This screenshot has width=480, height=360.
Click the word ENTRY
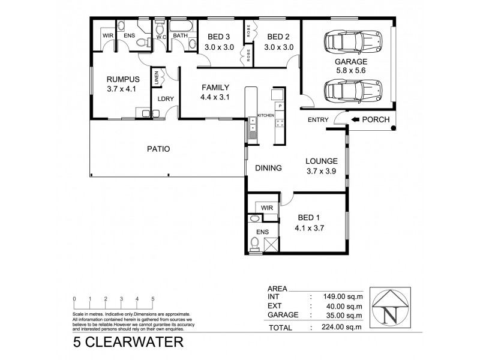tap(318, 120)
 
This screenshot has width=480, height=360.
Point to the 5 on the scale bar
tap(153, 298)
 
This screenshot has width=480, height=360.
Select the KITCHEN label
tap(266, 115)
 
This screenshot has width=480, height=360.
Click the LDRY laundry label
tap(165, 100)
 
